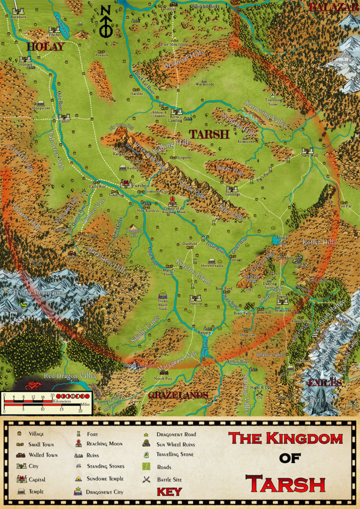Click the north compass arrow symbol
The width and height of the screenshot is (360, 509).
105,22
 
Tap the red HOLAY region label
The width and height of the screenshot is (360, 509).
45,47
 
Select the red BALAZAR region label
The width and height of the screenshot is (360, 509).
332,7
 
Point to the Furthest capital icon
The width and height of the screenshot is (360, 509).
126,183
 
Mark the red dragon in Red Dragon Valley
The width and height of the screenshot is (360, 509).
33,384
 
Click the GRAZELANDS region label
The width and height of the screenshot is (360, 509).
178,395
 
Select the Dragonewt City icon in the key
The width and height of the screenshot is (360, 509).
78,492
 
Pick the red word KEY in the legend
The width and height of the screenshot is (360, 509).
169,492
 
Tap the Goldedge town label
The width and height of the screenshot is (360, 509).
232,194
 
